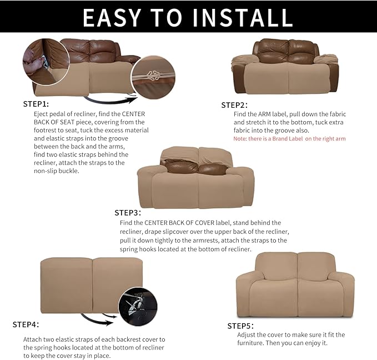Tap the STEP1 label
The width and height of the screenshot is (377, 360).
point(36,104)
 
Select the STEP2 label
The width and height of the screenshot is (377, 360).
point(234,105)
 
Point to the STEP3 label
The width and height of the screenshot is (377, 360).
point(128,212)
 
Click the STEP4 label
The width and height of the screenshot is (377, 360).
point(26,324)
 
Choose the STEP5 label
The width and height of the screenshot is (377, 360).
point(240,326)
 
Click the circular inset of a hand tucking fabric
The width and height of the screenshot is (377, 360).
point(46,61)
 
